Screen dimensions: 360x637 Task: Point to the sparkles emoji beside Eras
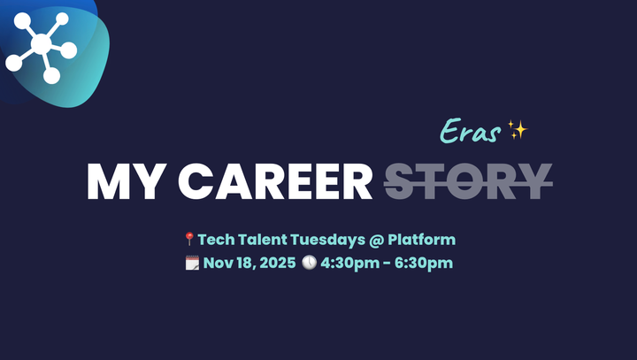tap(518, 132)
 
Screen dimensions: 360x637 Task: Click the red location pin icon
tap(188, 239)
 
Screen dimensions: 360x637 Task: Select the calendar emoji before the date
tap(191, 263)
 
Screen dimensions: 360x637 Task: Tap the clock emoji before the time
tap(309, 263)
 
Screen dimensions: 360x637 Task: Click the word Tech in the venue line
tap(215, 239)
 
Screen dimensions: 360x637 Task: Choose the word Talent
tap(263, 239)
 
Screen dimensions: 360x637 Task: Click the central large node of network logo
tap(41, 43)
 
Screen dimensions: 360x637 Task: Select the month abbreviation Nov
tap(218, 263)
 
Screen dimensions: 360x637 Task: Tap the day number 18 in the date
tap(243, 263)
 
